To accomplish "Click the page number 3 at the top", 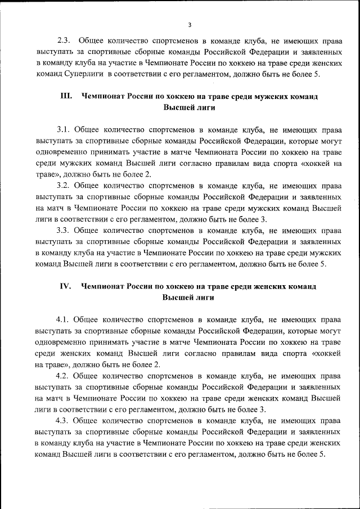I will pos(190,25).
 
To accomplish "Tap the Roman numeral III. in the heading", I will pos(66,96).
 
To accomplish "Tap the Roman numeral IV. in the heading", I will pos(65,286).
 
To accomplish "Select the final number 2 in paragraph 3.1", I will pos(148,174).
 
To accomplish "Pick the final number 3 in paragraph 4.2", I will pos(263,408).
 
